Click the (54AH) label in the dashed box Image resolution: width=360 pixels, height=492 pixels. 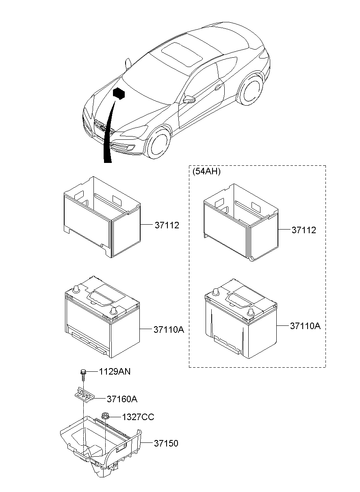point(206,171)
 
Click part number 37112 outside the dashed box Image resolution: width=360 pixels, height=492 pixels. point(167,225)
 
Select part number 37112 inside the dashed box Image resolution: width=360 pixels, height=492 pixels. point(304,230)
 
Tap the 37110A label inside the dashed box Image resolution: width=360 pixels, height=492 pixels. point(305,326)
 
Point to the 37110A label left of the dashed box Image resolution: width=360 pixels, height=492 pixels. point(169,329)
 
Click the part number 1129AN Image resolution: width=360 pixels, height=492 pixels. point(115,371)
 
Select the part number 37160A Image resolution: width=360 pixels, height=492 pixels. point(122,399)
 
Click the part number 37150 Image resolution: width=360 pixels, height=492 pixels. point(166,443)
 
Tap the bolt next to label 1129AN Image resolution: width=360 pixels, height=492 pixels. point(83,373)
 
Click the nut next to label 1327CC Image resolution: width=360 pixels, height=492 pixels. point(105,416)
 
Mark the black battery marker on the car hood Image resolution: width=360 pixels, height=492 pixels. point(118,94)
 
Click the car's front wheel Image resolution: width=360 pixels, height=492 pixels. point(159,144)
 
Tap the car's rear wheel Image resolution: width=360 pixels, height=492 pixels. point(250,89)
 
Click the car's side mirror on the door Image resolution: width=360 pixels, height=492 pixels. point(189,99)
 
